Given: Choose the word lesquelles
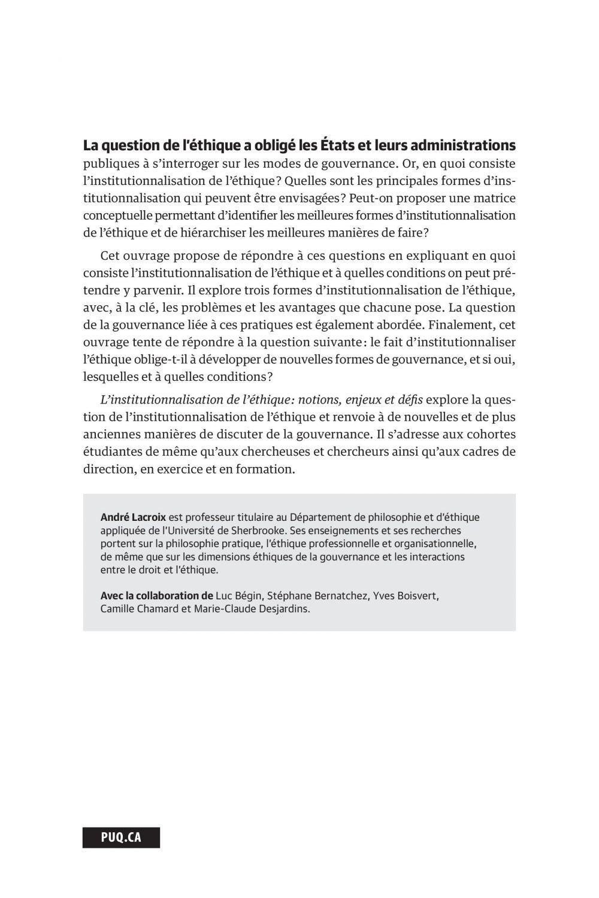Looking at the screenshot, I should click(x=111, y=377).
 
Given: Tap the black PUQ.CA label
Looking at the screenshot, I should click(x=121, y=838).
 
